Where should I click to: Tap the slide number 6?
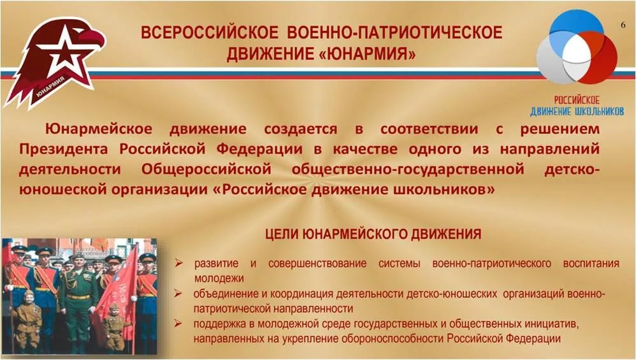tap(623, 25)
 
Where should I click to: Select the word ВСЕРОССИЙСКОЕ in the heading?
tap(210, 32)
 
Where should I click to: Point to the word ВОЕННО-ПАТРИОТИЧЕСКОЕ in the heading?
tap(394, 32)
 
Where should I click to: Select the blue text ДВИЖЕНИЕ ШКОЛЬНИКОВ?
tap(576, 111)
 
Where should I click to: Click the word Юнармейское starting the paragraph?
tap(99, 129)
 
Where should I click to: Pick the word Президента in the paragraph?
tap(64, 149)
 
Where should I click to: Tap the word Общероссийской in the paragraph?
tap(206, 169)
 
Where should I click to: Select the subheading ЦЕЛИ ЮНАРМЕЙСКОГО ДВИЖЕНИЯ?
tap(373, 234)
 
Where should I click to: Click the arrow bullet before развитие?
tap(178, 263)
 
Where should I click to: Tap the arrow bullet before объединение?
tap(178, 293)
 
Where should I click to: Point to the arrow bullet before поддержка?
tap(178, 323)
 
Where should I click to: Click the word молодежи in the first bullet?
tap(219, 279)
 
